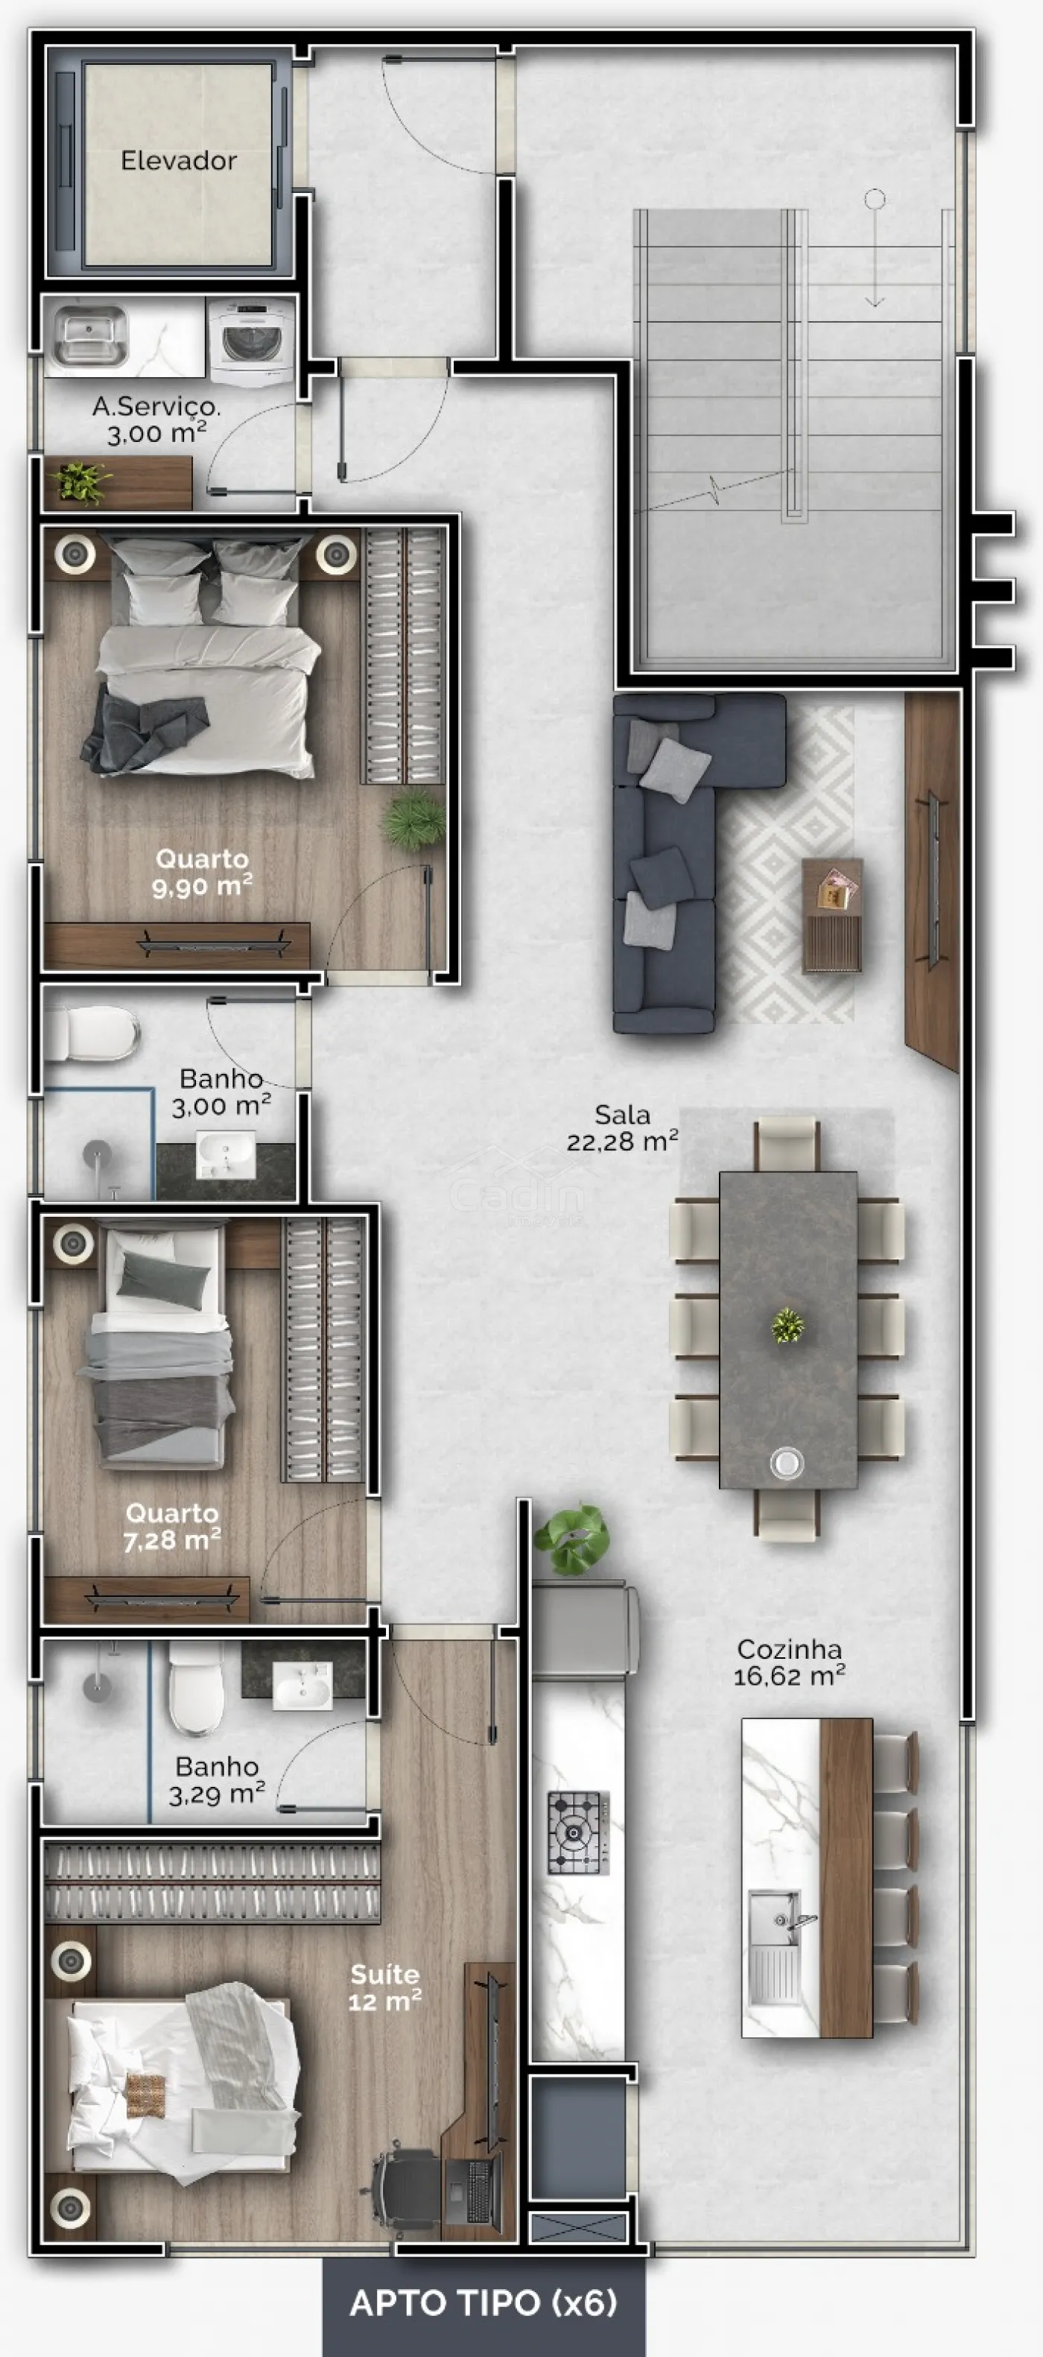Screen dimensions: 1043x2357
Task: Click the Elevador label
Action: click(x=178, y=161)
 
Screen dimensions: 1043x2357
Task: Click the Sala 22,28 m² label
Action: click(x=622, y=1127)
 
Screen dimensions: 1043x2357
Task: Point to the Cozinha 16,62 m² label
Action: click(x=789, y=1662)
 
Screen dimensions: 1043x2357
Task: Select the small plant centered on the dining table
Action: click(x=787, y=1325)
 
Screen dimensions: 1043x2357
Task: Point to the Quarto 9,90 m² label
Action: click(x=202, y=872)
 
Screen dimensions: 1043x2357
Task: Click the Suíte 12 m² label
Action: click(x=384, y=1987)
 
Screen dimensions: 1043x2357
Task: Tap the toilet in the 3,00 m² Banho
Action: click(x=92, y=1034)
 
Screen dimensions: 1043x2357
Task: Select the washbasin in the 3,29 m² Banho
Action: click(x=302, y=1686)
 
